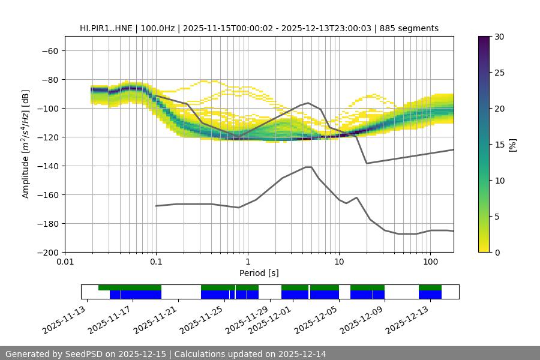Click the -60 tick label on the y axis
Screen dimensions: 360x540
click(49, 51)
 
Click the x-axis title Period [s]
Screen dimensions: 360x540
click(259, 274)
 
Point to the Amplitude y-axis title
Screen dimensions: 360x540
click(25, 144)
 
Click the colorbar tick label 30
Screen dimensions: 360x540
click(499, 37)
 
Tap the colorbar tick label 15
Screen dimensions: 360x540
click(499, 145)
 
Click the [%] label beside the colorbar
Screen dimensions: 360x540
click(512, 145)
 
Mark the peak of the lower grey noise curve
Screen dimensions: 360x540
click(308, 167)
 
